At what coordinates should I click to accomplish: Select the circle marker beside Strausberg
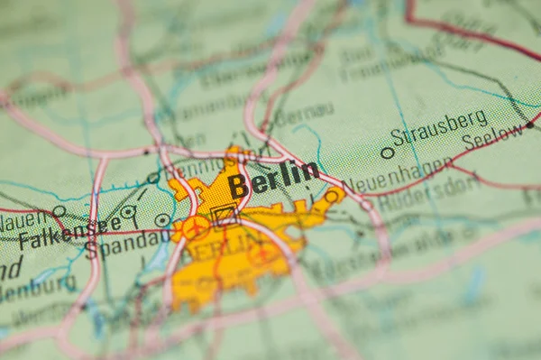pos(387,152)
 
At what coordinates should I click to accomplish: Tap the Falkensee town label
pos(69,233)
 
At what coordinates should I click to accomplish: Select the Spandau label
pos(127,244)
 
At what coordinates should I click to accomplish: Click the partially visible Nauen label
pos(23,219)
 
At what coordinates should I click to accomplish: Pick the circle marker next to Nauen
pos(59,210)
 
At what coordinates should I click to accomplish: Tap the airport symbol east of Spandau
pos(195,227)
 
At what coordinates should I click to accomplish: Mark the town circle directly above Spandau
pos(162,219)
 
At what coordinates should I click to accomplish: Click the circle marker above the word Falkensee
pos(128,212)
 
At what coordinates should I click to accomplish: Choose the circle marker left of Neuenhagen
pos(334,195)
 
